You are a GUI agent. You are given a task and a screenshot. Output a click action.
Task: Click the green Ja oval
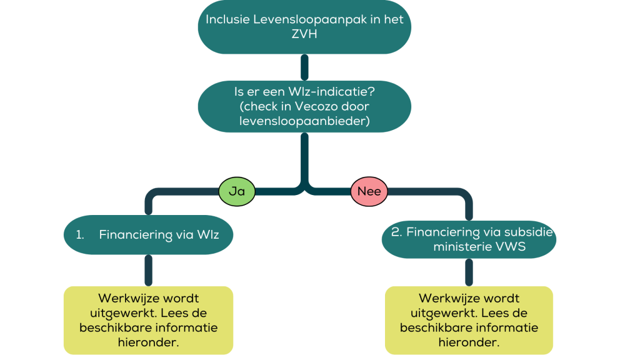pos(237,191)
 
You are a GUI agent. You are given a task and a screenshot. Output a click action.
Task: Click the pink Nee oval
pos(369,191)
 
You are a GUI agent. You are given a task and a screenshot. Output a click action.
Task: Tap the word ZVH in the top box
pos(304,34)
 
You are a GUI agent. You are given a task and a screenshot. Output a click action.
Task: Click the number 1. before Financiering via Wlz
pos(80,235)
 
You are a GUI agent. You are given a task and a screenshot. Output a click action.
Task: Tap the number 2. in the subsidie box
pos(396,232)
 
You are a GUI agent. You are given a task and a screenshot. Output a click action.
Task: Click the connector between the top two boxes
pos(304,67)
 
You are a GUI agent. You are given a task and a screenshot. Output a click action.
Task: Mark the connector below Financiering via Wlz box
pos(148,269)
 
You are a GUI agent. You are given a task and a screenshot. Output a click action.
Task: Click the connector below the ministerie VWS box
pos(469,271)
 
